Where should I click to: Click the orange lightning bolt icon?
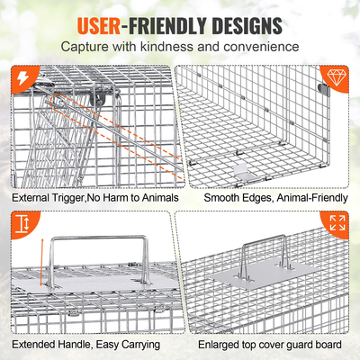[x=19, y=80]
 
